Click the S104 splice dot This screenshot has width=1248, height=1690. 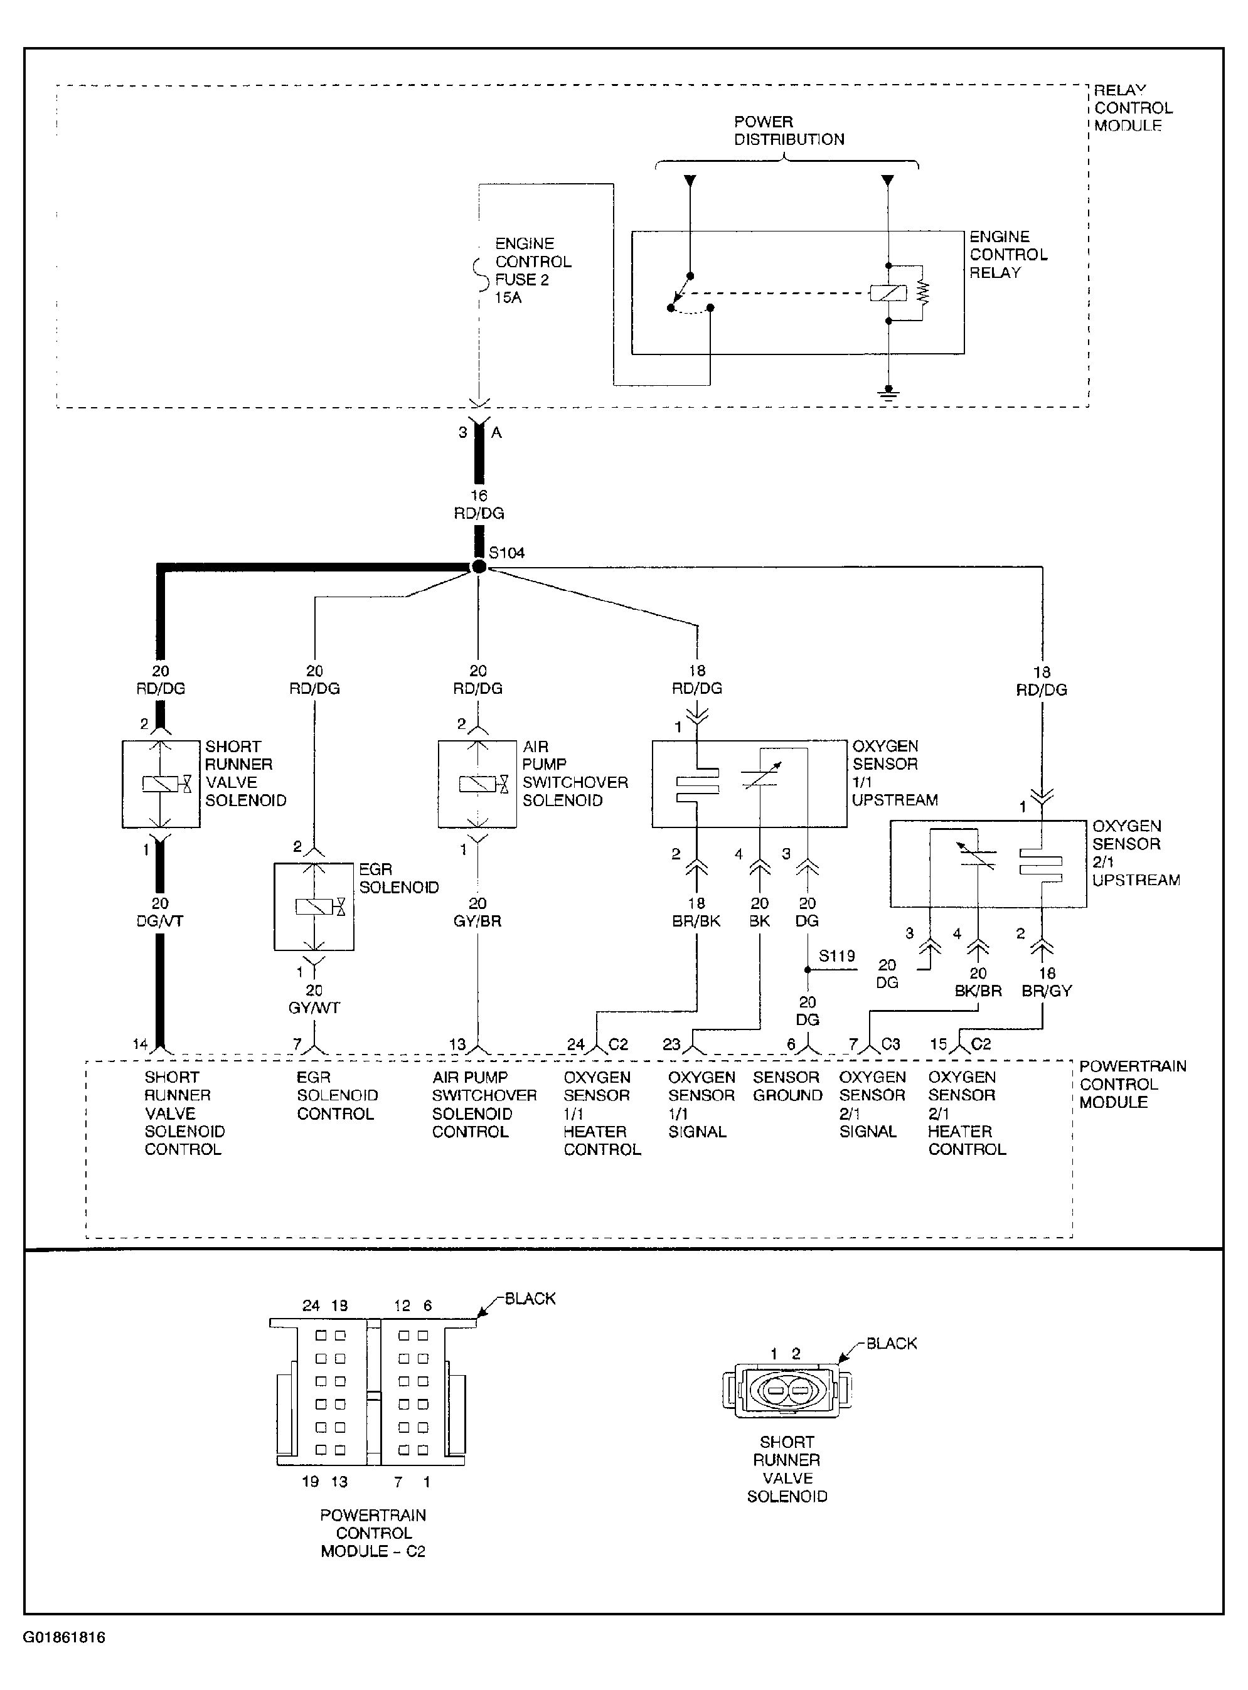tap(478, 566)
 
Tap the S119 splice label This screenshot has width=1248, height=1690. tap(837, 955)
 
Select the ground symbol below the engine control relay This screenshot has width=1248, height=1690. tap(888, 393)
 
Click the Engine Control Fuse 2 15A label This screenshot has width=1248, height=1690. tap(533, 270)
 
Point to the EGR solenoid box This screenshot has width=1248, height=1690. tap(314, 906)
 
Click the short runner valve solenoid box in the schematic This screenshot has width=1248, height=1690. tap(161, 784)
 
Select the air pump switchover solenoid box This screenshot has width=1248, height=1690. tap(477, 784)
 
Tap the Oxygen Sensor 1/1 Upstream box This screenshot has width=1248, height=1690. tap(749, 784)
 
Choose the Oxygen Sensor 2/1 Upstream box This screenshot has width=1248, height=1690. tap(988, 864)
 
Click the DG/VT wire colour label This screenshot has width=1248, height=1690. tap(160, 922)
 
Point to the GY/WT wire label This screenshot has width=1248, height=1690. tap(314, 1007)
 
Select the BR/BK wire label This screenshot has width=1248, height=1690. tap(696, 922)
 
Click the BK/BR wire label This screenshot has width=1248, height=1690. tap(978, 991)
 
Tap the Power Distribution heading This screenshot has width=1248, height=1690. tap(789, 130)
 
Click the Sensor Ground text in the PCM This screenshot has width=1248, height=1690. tap(787, 1086)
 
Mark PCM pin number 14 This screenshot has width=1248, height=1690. tap(141, 1044)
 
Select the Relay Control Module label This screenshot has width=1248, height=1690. tap(1133, 108)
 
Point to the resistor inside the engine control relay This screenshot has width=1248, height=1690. tap(922, 292)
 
